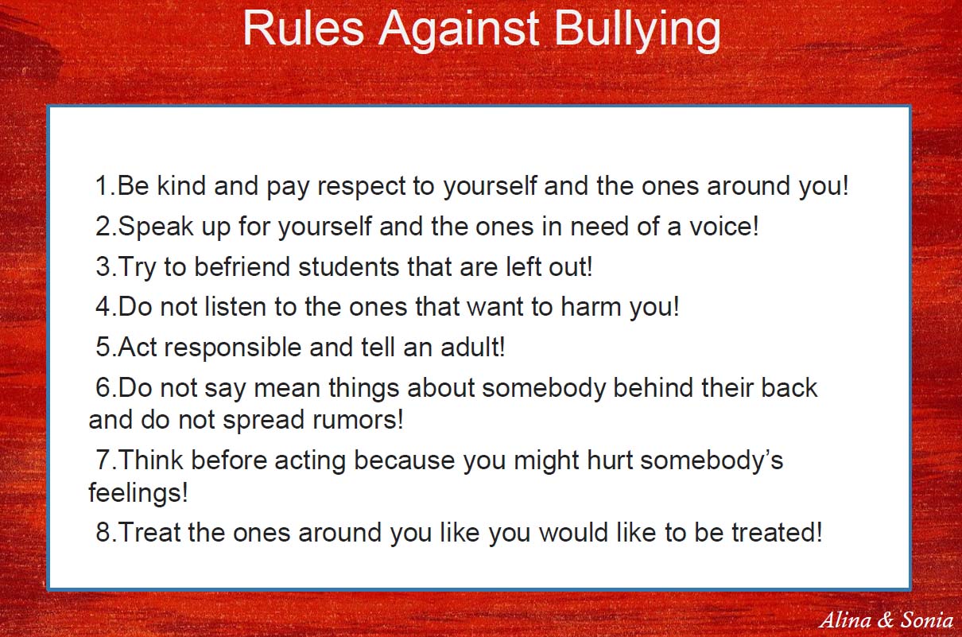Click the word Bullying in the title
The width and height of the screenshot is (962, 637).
tap(638, 29)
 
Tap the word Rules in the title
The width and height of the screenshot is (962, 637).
tap(304, 28)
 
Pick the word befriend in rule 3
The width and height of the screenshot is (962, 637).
tap(242, 266)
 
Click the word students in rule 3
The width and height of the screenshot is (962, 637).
tap(349, 266)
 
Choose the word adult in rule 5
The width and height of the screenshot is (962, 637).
tap(470, 348)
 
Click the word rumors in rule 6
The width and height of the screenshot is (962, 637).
tap(355, 420)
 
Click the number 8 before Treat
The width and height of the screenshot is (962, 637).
tap(103, 532)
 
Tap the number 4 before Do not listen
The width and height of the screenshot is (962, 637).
tap(103, 307)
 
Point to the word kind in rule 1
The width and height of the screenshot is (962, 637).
tap(181, 185)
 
